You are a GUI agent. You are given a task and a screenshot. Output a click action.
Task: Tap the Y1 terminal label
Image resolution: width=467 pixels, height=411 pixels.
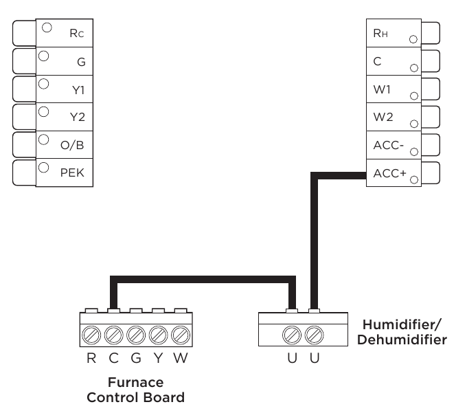point(77,89)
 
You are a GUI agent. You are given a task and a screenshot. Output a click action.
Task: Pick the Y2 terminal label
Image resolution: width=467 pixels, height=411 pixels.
point(77,117)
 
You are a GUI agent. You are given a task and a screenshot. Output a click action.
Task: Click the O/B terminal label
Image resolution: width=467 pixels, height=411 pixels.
point(73,145)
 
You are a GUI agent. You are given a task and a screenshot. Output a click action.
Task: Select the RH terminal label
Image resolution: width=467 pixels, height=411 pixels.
point(380,32)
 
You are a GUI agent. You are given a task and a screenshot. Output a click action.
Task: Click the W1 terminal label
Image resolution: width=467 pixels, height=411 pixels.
point(383,89)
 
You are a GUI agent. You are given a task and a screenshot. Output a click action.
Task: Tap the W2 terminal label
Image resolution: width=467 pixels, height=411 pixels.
point(383,117)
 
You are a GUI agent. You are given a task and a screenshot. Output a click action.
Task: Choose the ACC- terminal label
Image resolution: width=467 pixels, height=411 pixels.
point(386,145)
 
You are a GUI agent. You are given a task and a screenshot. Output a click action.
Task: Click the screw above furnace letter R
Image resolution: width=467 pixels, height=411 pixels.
point(92,335)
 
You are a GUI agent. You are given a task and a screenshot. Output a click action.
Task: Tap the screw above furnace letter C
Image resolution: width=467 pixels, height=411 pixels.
point(114,335)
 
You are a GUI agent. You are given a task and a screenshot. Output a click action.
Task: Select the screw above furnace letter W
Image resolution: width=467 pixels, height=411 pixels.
point(181,335)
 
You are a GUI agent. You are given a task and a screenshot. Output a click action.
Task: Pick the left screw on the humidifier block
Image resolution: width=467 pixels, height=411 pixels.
point(292,335)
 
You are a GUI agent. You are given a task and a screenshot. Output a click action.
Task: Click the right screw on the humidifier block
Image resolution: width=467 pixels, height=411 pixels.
point(315,335)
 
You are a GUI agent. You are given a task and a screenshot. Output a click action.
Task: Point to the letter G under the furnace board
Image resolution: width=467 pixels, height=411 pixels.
point(136,358)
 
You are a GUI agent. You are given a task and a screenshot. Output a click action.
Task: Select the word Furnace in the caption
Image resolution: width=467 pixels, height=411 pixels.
point(135,383)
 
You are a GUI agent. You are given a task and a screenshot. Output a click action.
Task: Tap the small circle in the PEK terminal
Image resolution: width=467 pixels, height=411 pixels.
point(45,167)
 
